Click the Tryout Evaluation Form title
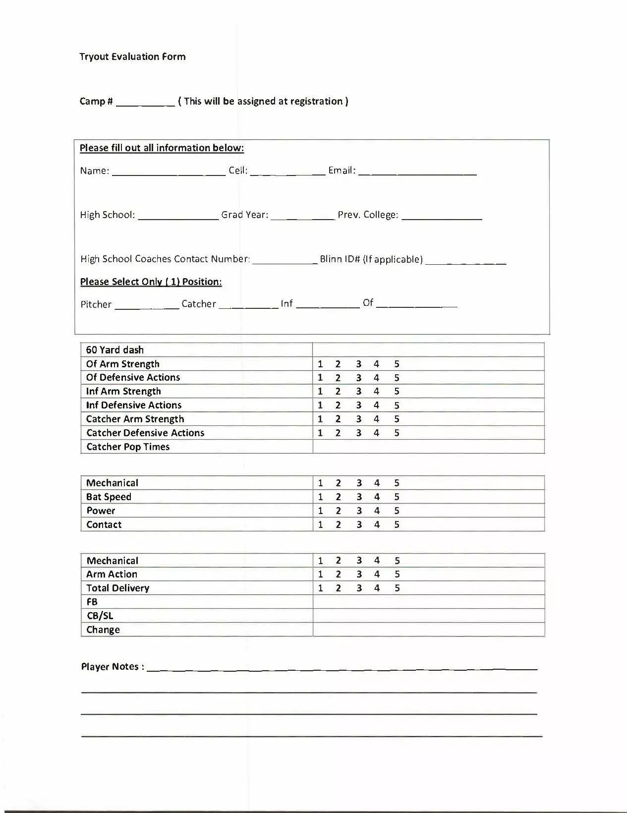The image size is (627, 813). point(132,57)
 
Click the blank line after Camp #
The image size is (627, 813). point(145,103)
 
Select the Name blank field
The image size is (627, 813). point(169,172)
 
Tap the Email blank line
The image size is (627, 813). point(417,172)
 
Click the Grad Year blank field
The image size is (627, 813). point(302,216)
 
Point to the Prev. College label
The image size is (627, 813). point(368,215)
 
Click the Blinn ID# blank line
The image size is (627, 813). point(465,260)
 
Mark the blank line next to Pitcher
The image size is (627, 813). point(147,305)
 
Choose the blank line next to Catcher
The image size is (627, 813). point(248,305)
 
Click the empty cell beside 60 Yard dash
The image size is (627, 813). point(428,349)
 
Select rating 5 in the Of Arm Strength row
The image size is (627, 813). point(397,364)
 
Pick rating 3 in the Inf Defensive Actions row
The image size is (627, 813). point(358,405)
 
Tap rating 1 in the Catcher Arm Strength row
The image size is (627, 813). point(320,419)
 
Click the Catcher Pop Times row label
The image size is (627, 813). point(128,447)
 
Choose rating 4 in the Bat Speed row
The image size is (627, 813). point(377,497)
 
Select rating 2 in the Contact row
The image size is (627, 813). point(338,524)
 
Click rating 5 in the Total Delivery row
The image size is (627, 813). point(397,588)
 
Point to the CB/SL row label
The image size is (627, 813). point(100,616)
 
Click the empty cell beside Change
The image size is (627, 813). point(428,630)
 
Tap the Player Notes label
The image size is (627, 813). point(113,667)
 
